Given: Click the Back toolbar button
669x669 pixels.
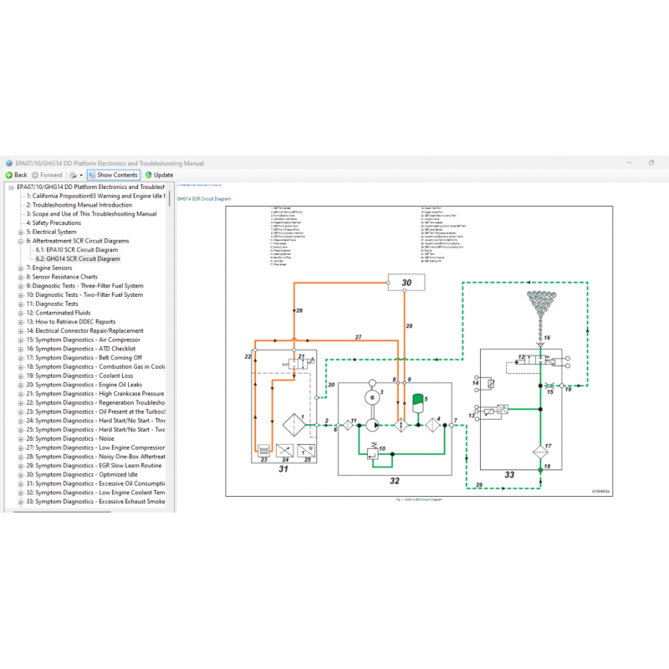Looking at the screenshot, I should (17, 175).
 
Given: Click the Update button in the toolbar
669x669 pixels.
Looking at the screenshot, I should (159, 175).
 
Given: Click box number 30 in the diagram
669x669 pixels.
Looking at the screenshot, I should (406, 283).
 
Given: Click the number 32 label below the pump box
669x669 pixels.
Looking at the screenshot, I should (395, 480).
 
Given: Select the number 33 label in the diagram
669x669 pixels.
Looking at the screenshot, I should (509, 475).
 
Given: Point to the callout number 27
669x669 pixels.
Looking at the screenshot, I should (357, 336).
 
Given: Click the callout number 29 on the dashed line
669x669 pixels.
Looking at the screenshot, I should (479, 485).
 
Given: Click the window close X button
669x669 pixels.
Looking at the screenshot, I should (651, 162).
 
